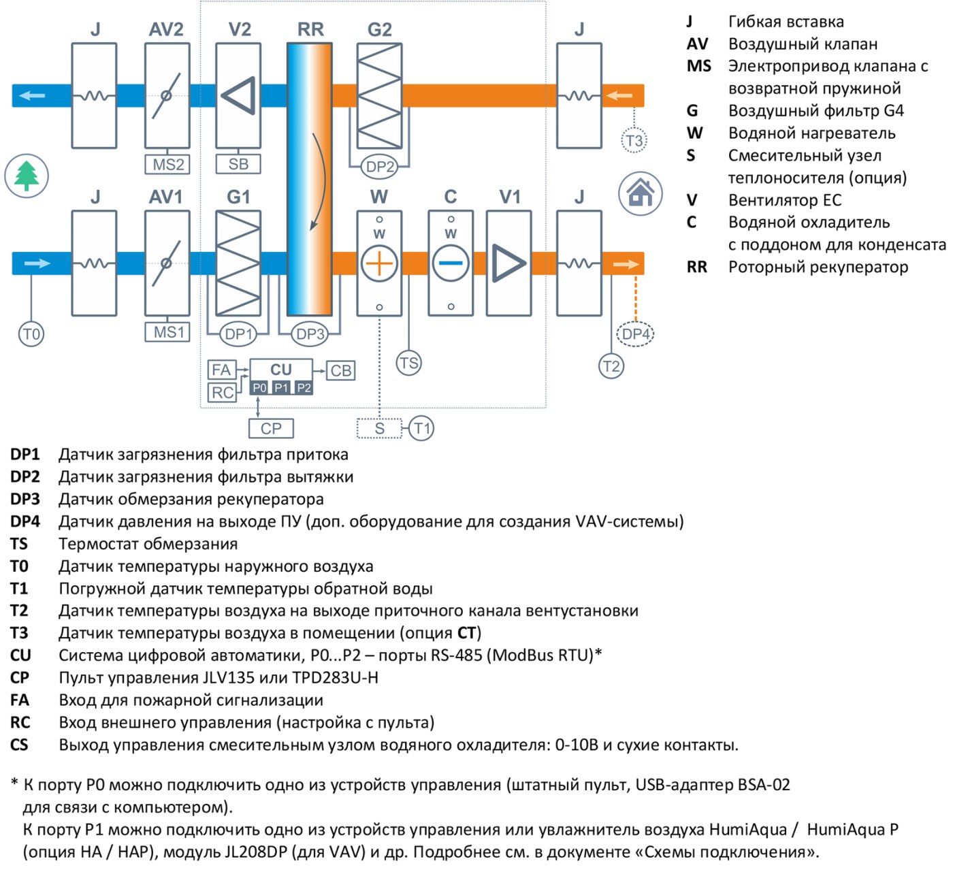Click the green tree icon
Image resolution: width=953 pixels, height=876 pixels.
point(27,176)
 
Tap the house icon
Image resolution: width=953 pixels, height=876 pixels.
point(640,193)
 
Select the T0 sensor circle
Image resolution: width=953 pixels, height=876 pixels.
point(31,334)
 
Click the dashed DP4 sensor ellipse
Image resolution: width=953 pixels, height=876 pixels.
point(635,334)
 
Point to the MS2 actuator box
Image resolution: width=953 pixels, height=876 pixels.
point(167,164)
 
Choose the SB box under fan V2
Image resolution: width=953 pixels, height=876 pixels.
point(238,164)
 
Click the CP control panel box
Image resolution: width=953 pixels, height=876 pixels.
point(272,429)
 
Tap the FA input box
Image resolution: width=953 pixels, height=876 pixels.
point(222,370)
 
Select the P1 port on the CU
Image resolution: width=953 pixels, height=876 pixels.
point(280,388)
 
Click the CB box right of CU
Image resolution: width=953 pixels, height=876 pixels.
point(340,370)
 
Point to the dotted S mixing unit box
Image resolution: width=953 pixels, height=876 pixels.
point(379,429)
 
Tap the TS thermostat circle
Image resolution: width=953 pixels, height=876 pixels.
point(408,363)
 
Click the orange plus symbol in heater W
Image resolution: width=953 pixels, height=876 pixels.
point(379,263)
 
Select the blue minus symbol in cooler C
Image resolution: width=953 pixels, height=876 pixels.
point(451,263)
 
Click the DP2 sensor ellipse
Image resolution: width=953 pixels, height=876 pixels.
point(380,167)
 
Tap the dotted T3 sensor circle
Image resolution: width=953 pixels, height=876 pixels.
point(634,141)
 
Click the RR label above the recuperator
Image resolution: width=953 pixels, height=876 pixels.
point(310,29)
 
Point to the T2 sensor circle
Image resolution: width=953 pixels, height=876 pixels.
point(611,366)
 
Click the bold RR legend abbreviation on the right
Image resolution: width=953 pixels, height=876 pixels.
point(697,267)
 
